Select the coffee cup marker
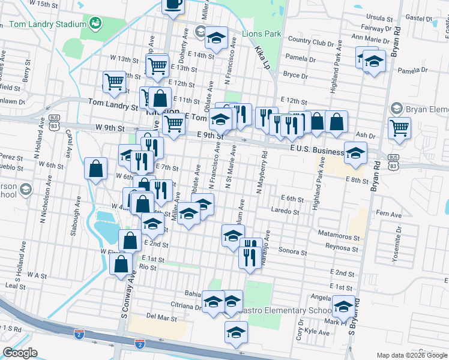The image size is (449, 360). [x=173, y=5]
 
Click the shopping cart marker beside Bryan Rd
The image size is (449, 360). [x=399, y=128]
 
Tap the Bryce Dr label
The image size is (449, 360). [x=295, y=76]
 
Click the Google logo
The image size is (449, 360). [x=20, y=352]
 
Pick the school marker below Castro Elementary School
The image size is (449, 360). [x=236, y=332]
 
